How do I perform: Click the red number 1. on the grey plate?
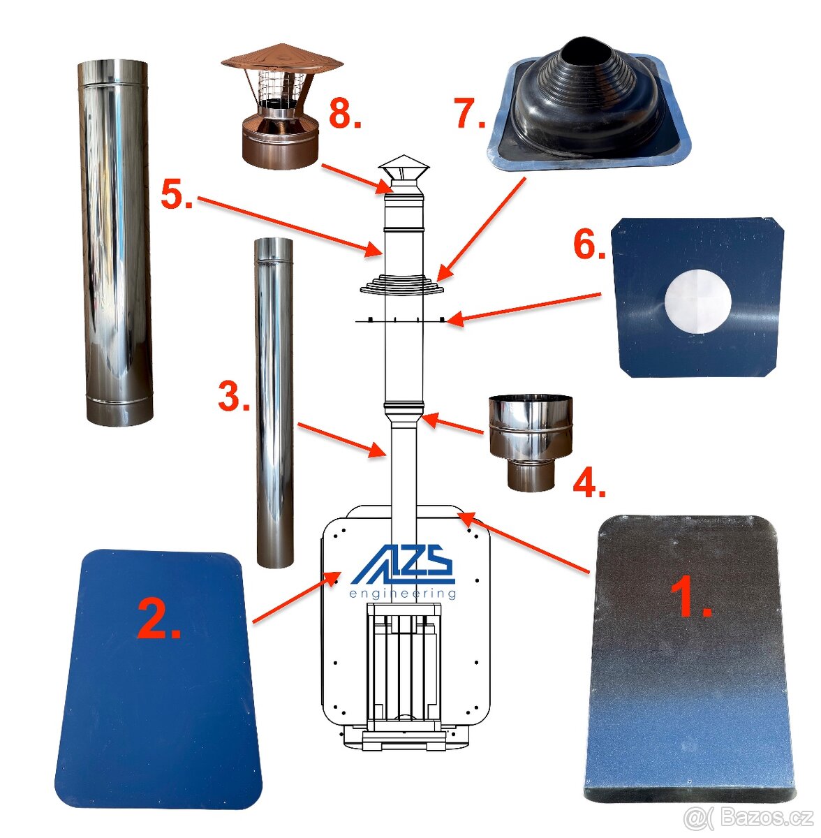point(691,596)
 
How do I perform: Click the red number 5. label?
point(177,195)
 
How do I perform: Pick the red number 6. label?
point(589,245)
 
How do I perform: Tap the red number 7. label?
point(469,113)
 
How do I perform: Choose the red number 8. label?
point(346,114)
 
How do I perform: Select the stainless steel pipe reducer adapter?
point(531,443)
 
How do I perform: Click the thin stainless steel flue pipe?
point(274,402)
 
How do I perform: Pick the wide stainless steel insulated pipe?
point(115,242)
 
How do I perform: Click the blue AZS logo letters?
point(403,564)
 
